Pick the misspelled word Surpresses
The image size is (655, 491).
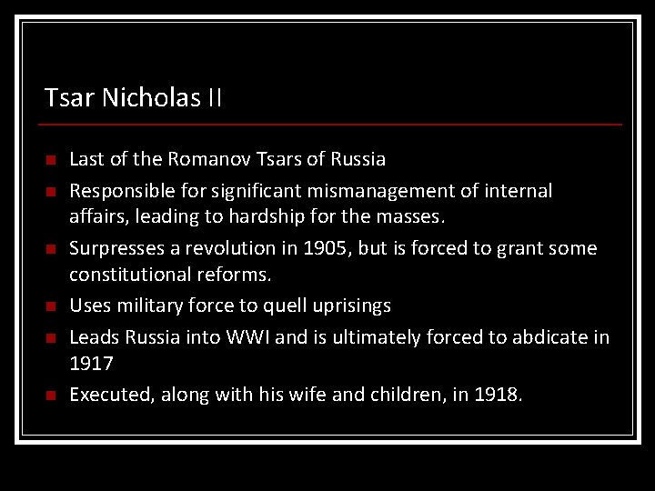pyautogui.click(x=114, y=248)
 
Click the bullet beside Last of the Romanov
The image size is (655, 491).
pyautogui.click(x=50, y=160)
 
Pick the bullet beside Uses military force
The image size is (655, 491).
pyautogui.click(x=50, y=306)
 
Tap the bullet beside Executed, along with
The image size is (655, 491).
pyautogui.click(x=50, y=395)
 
